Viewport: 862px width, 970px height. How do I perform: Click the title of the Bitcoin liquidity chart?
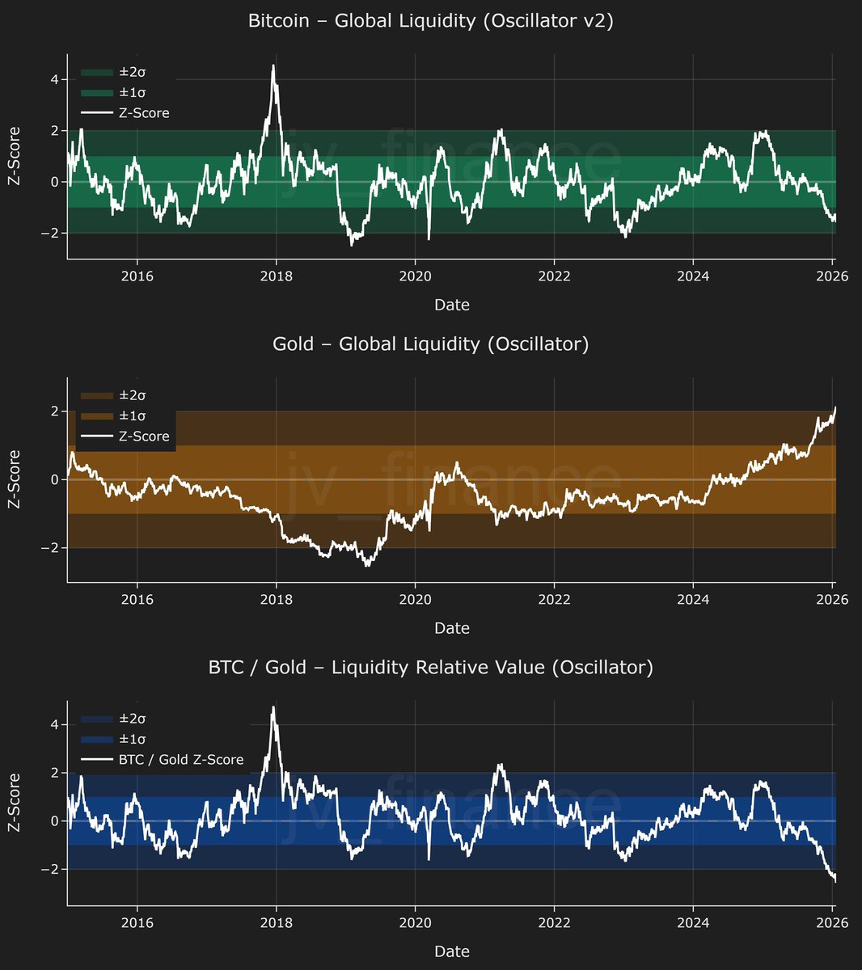pos(430,21)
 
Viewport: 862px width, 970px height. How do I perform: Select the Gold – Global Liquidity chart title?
pos(430,344)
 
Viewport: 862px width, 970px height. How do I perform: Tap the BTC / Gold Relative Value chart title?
pos(430,667)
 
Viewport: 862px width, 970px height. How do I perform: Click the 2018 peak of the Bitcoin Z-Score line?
pos(273,66)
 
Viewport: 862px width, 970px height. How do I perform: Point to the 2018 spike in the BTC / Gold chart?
pos(273,707)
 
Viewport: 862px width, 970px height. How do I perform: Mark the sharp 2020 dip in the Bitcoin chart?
pos(429,238)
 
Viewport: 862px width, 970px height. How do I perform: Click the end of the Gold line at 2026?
pos(835,408)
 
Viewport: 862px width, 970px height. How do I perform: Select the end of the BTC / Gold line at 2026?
pos(835,880)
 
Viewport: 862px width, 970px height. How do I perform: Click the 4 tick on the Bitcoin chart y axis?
pos(53,79)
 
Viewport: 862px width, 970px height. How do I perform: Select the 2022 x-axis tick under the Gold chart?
pos(554,599)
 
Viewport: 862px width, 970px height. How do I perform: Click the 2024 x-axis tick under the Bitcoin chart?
pos(693,276)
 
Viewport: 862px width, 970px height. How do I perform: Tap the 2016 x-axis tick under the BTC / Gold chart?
pos(137,922)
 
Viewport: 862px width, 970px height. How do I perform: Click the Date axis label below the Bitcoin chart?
pos(451,305)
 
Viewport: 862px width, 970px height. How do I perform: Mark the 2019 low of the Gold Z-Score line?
pos(367,565)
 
